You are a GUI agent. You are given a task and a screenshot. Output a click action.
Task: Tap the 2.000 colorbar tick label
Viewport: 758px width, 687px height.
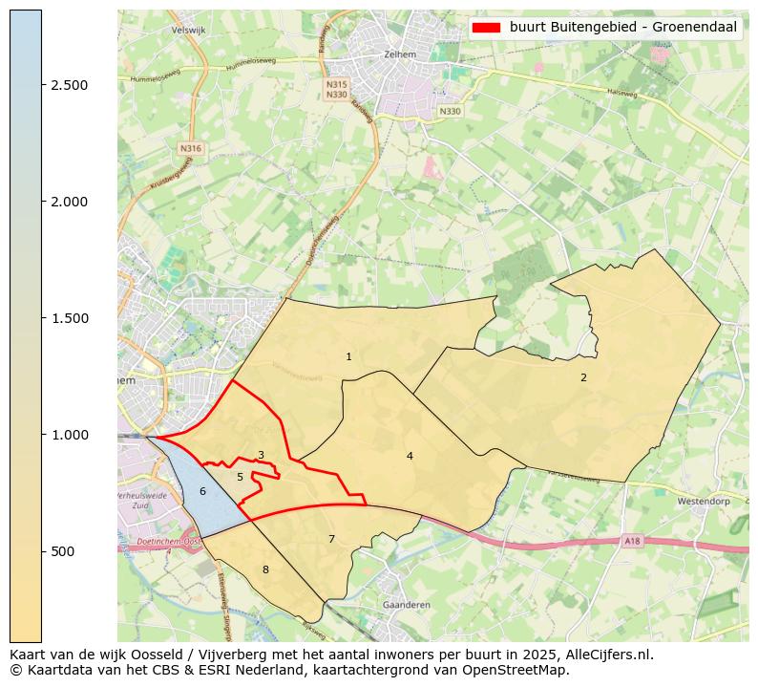69,202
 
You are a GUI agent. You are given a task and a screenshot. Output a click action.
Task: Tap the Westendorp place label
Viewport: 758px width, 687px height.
703,501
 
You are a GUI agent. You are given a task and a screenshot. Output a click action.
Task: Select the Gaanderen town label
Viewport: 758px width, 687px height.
406,605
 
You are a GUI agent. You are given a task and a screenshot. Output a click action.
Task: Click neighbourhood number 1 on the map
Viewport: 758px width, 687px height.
348,357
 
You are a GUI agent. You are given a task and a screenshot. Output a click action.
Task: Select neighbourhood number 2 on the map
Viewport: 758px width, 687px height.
583,377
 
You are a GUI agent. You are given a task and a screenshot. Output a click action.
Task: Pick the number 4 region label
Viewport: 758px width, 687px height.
410,456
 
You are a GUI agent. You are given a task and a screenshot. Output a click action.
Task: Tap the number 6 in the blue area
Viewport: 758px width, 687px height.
202,491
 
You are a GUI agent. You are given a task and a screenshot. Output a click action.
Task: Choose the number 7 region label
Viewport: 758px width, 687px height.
331,539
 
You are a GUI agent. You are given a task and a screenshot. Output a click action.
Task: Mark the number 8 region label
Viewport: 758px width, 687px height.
265,569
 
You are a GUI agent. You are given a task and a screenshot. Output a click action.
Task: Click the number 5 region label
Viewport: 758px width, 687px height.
240,477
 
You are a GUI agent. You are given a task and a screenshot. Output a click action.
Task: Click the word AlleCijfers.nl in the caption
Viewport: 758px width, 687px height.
605,655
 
